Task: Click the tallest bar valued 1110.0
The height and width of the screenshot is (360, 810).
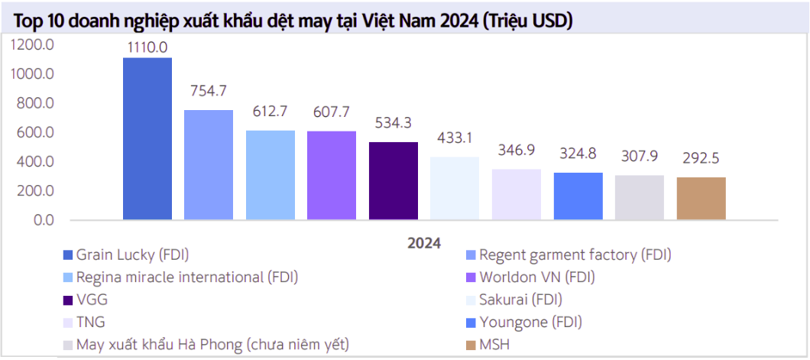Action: pos(147,138)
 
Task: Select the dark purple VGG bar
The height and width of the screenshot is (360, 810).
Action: pos(394,180)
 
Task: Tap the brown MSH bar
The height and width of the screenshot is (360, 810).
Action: pos(701,198)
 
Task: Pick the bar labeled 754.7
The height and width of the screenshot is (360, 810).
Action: pos(209,164)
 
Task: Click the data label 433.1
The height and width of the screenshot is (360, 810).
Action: pos(455,138)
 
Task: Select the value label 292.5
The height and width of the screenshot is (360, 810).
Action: pos(701,159)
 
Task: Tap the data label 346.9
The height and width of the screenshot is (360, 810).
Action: pos(516,151)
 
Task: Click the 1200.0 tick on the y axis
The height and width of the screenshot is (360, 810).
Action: pos(31,45)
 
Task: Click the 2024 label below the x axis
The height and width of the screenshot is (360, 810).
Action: pos(423,244)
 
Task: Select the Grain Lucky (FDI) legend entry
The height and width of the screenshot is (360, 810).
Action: pos(126,254)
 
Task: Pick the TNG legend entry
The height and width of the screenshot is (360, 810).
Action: pos(91,323)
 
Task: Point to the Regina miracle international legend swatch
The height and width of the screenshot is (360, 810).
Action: pos(68,277)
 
